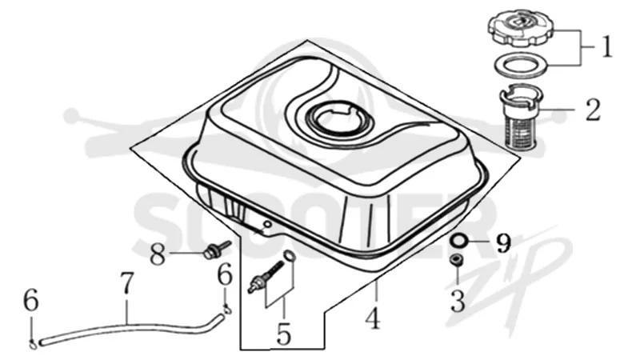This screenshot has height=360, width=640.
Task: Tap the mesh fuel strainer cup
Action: [523, 118]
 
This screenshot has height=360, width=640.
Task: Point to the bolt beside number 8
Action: [216, 250]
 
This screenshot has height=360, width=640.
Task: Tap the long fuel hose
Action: [126, 327]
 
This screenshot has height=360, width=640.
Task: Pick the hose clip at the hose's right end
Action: [226, 310]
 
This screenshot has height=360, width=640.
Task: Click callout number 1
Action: [607, 47]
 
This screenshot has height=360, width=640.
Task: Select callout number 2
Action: [593, 110]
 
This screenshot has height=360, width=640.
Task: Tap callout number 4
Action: [373, 318]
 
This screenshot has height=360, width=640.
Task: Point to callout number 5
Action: [284, 334]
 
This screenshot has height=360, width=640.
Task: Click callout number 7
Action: [127, 283]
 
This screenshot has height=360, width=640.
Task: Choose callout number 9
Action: [503, 243]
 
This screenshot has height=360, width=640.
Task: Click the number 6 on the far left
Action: [31, 302]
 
